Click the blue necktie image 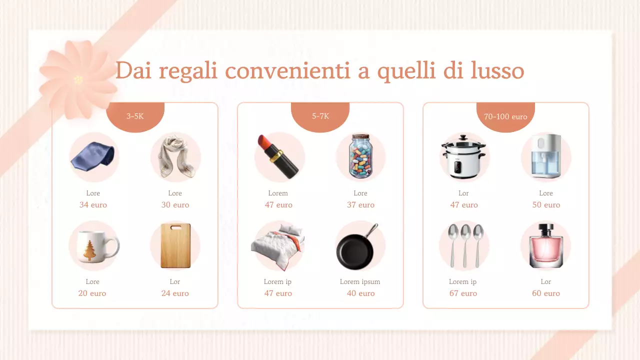coord(93,156)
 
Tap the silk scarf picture coord(174,157)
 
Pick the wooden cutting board coord(175,246)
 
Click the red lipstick coord(278,156)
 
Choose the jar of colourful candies coord(360,156)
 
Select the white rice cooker coord(463,156)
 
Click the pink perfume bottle coord(545,246)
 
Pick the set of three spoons coord(464,245)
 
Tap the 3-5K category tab coord(135,116)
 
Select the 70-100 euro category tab coord(505,116)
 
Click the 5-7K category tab coord(320,116)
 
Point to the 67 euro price coord(463,293)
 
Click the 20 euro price coord(92,293)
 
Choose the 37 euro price coord(360,205)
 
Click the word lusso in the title coord(497,70)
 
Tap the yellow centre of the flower coord(78,79)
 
